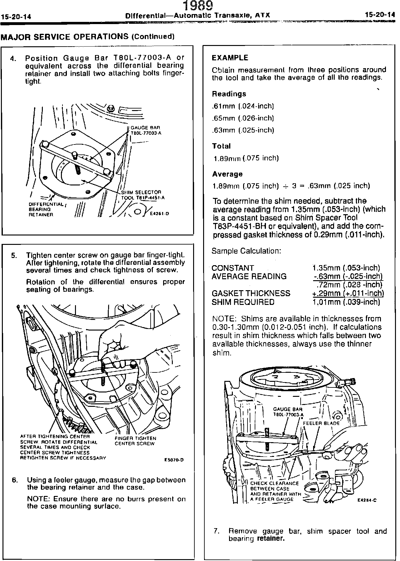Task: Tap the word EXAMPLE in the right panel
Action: [x=230, y=58]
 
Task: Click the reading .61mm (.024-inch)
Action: [x=243, y=106]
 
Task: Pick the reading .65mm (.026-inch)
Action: [x=243, y=118]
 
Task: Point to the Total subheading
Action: [x=221, y=146]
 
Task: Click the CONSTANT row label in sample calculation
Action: [x=233, y=268]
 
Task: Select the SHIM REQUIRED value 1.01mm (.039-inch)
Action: [x=346, y=302]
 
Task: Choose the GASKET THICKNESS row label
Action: [x=251, y=293]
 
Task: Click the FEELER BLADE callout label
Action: [x=321, y=423]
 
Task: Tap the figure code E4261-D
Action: [x=159, y=214]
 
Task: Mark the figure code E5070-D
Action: [x=174, y=460]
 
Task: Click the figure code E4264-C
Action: [x=367, y=500]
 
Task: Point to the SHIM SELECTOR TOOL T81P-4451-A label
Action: [x=142, y=195]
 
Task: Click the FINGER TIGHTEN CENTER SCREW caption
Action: [x=135, y=441]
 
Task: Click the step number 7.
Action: [x=216, y=531]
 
